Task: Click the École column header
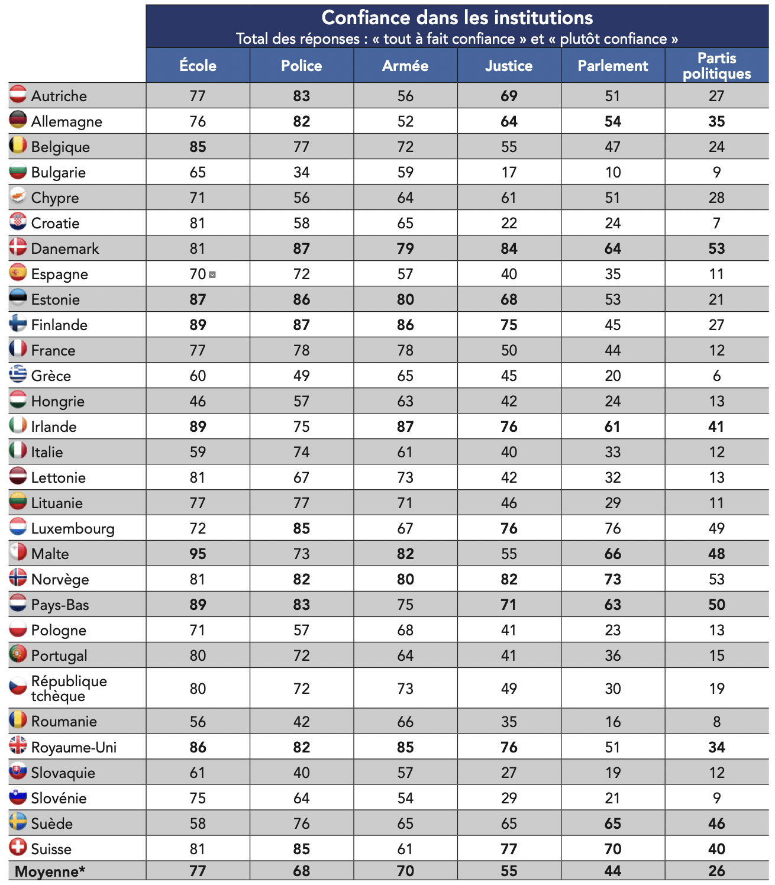click(x=198, y=66)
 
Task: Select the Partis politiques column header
click(x=716, y=66)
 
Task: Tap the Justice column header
click(x=509, y=66)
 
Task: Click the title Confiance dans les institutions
click(x=457, y=18)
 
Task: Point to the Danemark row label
click(x=65, y=248)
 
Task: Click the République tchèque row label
click(x=69, y=688)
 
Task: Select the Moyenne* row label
click(x=50, y=871)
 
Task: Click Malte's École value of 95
click(x=198, y=554)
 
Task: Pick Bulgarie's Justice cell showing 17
click(x=509, y=172)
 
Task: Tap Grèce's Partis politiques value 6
click(x=716, y=376)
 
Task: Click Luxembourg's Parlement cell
click(x=613, y=528)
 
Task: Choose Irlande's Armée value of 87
click(x=405, y=427)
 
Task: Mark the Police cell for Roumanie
click(x=302, y=722)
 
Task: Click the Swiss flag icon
click(x=18, y=847)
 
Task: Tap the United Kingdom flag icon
click(x=18, y=745)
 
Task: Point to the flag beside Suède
click(x=18, y=822)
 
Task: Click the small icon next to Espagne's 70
click(x=212, y=274)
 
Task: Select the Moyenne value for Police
click(x=302, y=871)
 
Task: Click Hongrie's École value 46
click(x=198, y=401)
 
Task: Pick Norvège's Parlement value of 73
click(x=613, y=579)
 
